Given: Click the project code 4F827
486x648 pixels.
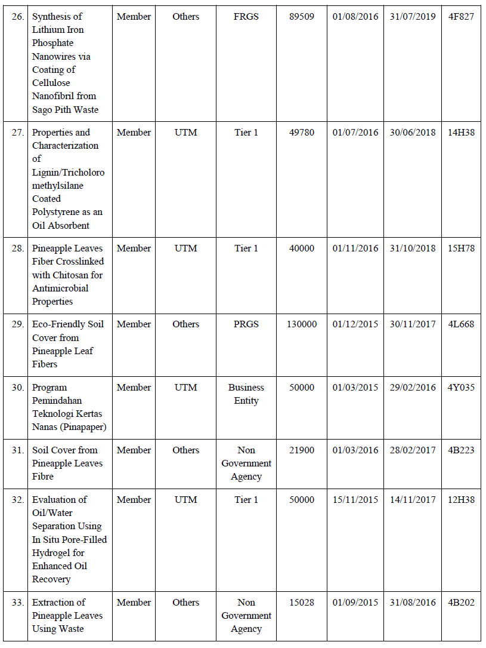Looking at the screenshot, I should pyautogui.click(x=461, y=17).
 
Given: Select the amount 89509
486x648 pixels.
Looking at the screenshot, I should pyautogui.click(x=302, y=17).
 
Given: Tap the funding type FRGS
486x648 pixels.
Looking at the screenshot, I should pyautogui.click(x=246, y=17).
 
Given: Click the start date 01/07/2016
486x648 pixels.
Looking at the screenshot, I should pyautogui.click(x=355, y=133).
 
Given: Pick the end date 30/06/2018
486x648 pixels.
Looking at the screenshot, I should pyautogui.click(x=413, y=133).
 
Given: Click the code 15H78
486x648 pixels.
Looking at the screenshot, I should pyautogui.click(x=461, y=248).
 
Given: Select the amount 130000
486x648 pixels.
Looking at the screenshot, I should pyautogui.click(x=302, y=324).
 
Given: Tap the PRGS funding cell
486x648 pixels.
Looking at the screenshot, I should pyautogui.click(x=246, y=324).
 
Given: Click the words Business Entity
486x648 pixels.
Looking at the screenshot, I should pyautogui.click(x=246, y=394).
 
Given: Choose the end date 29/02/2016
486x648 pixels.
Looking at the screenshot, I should pyautogui.click(x=413, y=388).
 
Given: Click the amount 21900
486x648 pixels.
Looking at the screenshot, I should pyautogui.click(x=302, y=450).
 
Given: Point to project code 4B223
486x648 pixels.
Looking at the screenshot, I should pyautogui.click(x=461, y=450).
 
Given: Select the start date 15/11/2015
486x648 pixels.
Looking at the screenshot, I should pyautogui.click(x=355, y=500).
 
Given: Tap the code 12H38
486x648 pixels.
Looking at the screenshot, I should pyautogui.click(x=461, y=500).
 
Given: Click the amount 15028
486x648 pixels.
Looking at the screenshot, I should pyautogui.click(x=302, y=603).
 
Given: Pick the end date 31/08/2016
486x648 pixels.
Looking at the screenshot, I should pyautogui.click(x=413, y=603).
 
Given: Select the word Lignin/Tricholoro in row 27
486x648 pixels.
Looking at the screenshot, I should pyautogui.click(x=68, y=173).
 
